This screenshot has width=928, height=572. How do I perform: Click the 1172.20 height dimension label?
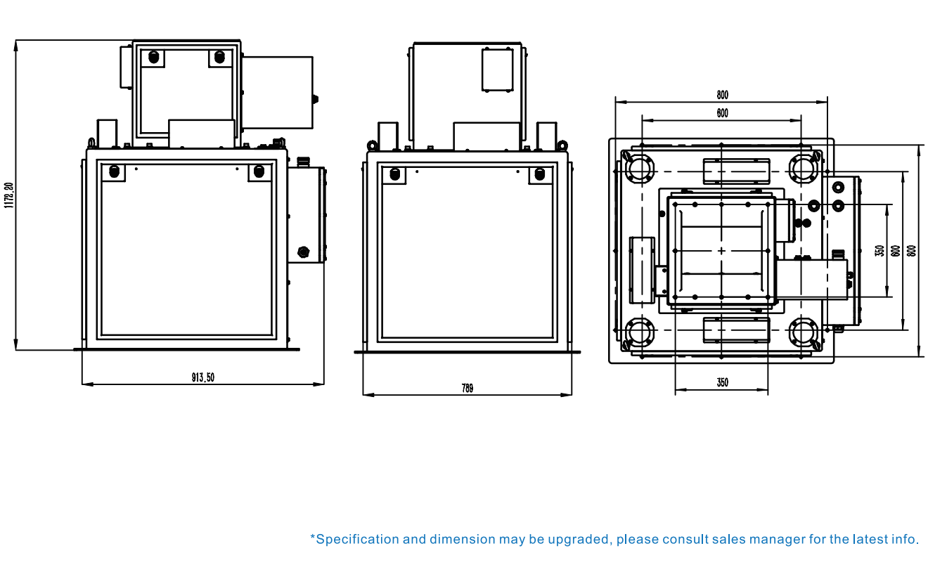(9, 195)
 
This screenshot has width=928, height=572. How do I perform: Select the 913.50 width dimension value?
(203, 377)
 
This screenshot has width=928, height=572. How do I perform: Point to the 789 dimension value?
(468, 388)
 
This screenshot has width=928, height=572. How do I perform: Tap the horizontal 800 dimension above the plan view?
(723, 95)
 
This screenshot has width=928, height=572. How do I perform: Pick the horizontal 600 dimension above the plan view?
(723, 113)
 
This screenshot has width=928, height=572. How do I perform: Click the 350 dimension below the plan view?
(723, 382)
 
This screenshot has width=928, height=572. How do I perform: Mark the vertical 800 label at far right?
(912, 251)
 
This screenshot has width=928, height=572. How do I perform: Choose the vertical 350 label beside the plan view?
(879, 251)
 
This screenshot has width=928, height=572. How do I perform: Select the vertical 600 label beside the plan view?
(896, 251)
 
